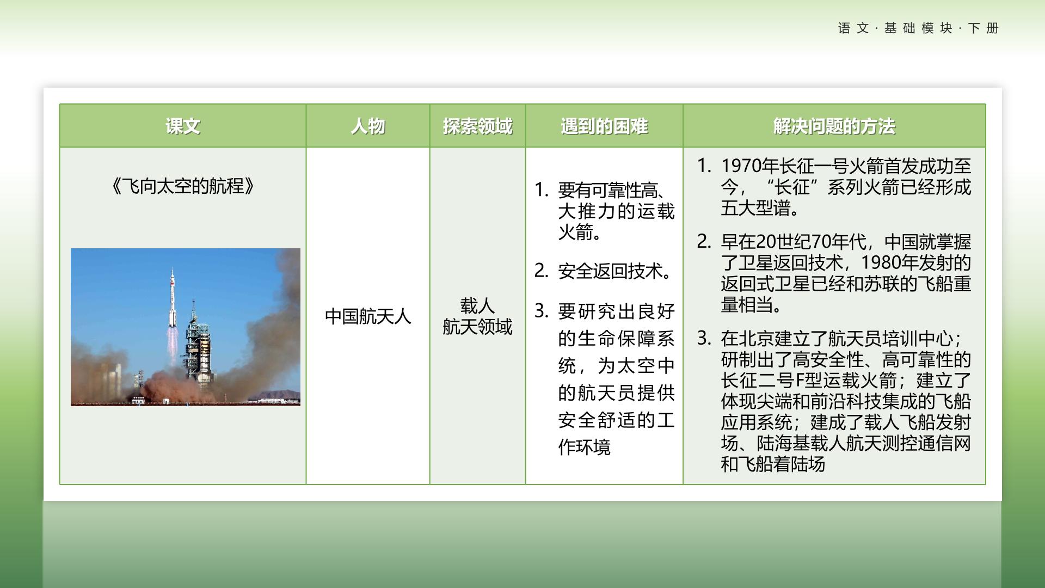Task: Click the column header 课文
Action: [183, 126]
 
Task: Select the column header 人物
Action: [368, 126]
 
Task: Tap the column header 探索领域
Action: [477, 126]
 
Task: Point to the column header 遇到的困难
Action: [604, 126]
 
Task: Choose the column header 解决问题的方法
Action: [834, 126]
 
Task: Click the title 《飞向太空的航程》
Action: [183, 186]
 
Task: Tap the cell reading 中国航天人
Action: [368, 316]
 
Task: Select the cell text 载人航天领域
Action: [477, 316]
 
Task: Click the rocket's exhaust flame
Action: [173, 346]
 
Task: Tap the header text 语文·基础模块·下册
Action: [918, 28]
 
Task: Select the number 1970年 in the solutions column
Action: [750, 166]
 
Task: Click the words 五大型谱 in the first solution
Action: [755, 208]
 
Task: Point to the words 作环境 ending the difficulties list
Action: [585, 447]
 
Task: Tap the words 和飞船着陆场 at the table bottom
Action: [773, 464]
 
